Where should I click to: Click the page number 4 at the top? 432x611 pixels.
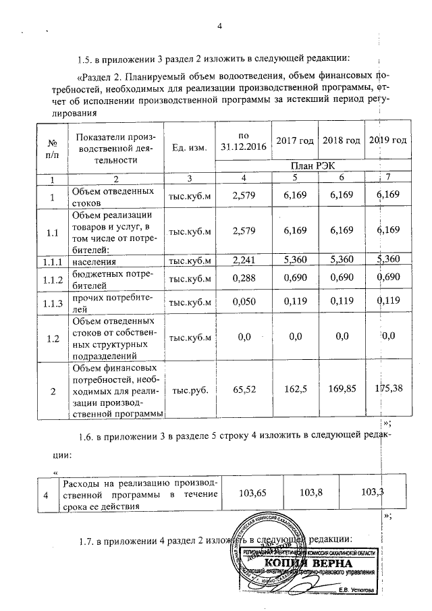pyautogui.click(x=219, y=26)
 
